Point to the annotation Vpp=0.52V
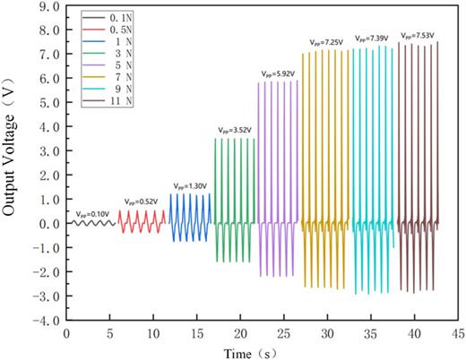(142, 201)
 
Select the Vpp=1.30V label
(190, 186)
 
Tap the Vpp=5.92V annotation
(279, 74)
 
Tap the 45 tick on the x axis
(457, 332)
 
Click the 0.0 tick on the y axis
(49, 224)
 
